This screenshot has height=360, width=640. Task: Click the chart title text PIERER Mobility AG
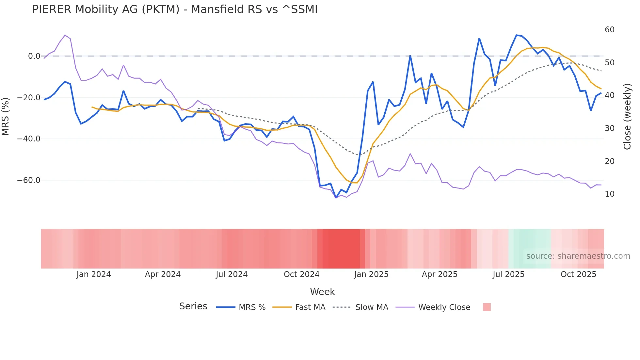pos(175,9)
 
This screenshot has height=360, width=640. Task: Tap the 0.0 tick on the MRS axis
pos(34,56)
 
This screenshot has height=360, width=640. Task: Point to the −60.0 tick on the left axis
pos(29,180)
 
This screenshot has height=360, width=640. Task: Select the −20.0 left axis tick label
pos(29,98)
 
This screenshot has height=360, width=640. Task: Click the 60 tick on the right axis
pos(609,30)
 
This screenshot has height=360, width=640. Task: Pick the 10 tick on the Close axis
pos(609,194)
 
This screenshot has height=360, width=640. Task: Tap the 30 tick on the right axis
pos(609,128)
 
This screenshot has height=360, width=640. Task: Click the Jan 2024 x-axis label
pos(94,274)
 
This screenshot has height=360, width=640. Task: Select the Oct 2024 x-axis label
pos(301,274)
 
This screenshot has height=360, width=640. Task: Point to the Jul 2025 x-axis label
pos(508,274)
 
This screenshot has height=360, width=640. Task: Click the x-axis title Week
pos(322,292)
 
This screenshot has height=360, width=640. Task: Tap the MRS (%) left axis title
pos(5,116)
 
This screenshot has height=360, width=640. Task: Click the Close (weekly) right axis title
pos(627,116)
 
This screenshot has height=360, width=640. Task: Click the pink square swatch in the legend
pos(487,307)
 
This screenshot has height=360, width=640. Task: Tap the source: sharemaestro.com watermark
pos(578,256)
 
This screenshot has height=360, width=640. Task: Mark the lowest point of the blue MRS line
pos(336,198)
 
